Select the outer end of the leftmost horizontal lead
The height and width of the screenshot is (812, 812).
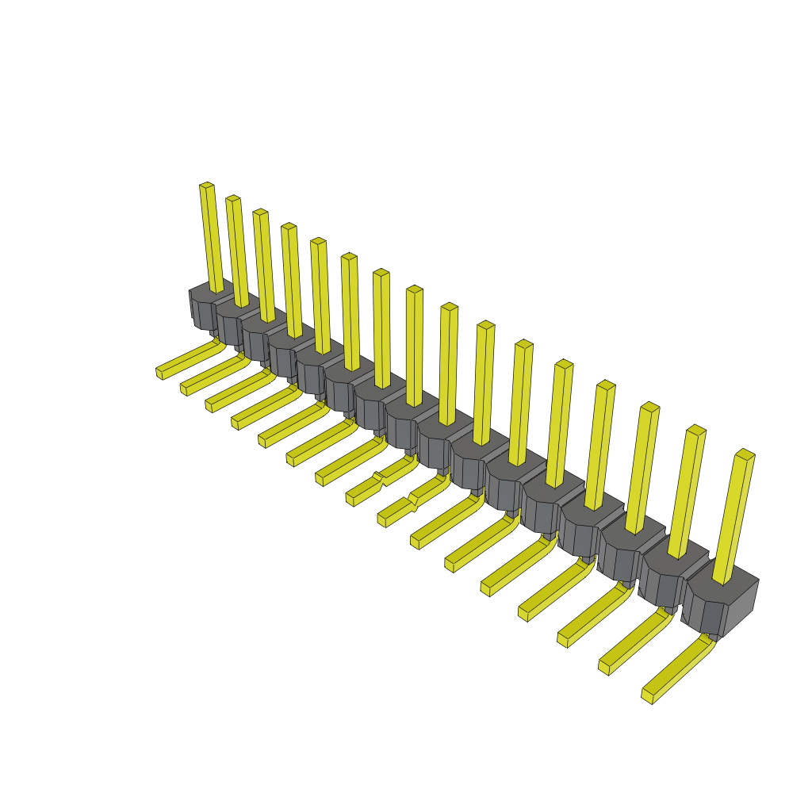click(160, 372)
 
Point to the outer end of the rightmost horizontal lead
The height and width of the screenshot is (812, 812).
click(647, 695)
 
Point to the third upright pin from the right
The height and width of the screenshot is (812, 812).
click(642, 468)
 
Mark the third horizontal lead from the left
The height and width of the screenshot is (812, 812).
click(238, 393)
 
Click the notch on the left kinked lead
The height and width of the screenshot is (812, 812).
click(379, 477)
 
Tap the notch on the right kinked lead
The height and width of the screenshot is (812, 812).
click(412, 500)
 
